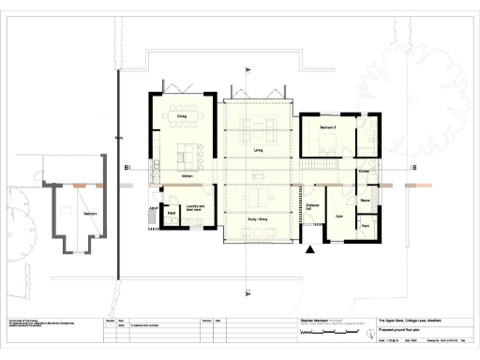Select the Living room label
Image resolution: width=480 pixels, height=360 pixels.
[x=258, y=150]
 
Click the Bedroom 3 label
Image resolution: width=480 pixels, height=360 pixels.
[x=327, y=125]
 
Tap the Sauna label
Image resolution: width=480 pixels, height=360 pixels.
[x=365, y=201]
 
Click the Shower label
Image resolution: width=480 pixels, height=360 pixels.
[x=363, y=171]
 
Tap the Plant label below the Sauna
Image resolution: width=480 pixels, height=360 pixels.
[x=365, y=227]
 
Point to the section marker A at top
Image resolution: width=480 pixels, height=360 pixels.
[x=246, y=69]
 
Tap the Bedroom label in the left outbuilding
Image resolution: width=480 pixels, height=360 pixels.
[x=90, y=214]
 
